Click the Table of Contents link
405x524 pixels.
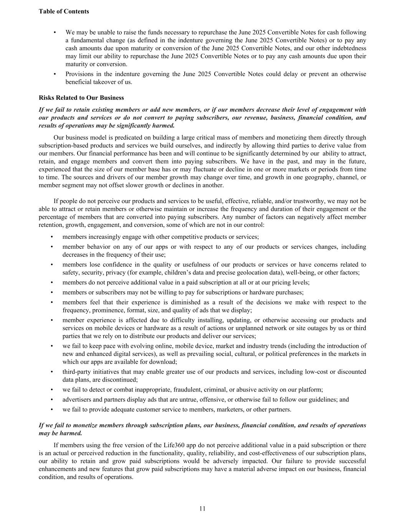tap(64, 12)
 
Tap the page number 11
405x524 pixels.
tap(202, 509)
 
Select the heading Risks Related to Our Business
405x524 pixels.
tap(81, 98)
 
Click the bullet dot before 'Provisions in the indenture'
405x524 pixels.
tap(56, 74)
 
